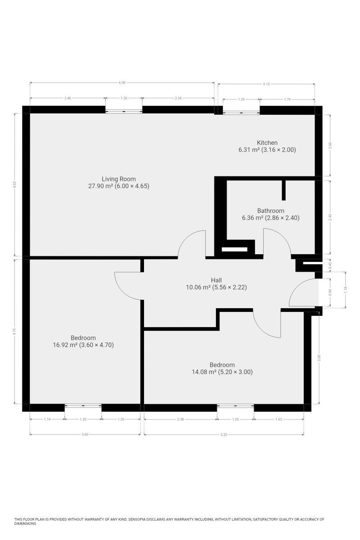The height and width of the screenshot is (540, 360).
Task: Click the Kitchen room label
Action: coord(267,143)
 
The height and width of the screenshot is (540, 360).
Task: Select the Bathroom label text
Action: coord(270,211)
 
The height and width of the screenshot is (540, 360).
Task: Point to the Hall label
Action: coord(216,279)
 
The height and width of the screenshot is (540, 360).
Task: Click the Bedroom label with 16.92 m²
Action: coord(83,338)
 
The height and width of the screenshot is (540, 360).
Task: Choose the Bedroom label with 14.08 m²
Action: coord(222,365)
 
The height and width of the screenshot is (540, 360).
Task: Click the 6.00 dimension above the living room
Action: coord(122,82)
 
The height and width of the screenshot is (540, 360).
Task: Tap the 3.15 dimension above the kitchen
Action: coord(265,84)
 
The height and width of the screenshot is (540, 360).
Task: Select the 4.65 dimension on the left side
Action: coord(15,184)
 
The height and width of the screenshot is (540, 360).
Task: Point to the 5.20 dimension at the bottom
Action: coord(224,434)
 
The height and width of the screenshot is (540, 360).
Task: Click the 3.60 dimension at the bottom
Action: coord(85,434)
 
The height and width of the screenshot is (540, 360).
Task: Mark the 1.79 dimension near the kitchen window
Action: coord(287,99)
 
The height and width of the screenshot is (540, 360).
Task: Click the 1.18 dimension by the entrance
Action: coord(346,290)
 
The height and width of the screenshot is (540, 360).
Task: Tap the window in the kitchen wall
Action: coord(241,111)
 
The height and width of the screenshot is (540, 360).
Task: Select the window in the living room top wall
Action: coord(124,110)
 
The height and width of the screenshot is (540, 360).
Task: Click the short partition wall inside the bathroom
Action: coord(283,190)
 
